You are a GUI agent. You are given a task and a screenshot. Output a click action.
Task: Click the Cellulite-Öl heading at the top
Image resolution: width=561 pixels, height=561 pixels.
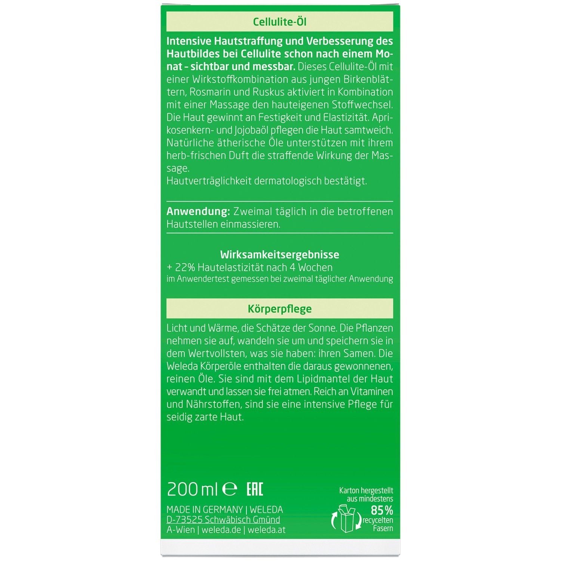pos(279,22)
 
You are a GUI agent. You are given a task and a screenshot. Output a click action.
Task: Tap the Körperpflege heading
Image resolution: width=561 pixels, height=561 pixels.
pos(279,309)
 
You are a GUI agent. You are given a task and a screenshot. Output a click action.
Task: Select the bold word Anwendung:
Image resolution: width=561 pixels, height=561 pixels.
pos(198,212)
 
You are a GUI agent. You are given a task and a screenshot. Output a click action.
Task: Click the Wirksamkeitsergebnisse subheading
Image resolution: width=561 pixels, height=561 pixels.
pos(279,255)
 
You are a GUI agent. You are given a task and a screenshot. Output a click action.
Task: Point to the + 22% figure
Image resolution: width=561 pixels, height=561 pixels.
pos(181,267)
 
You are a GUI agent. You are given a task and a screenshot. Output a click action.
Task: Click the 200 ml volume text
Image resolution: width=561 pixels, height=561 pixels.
pos(192,489)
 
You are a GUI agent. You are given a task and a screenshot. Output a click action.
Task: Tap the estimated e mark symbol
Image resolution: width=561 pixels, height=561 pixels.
pos(230,490)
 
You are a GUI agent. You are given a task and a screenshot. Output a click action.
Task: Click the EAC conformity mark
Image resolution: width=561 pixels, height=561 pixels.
pos(255,489)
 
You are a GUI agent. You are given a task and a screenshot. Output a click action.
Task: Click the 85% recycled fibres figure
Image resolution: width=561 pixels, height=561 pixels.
pos(382,510)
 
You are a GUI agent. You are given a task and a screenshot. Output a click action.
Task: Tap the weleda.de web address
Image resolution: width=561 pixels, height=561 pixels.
pos(221,530)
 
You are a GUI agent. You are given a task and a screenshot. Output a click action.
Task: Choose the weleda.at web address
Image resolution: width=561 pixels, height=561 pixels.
pos(266,530)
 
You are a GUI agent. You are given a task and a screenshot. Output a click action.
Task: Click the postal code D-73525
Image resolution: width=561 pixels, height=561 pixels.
pos(184,520)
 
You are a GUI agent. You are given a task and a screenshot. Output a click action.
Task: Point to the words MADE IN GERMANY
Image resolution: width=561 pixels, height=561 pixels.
pos(205,510)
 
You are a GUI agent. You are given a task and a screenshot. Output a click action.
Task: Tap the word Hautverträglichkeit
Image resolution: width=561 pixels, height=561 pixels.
pos(209,181)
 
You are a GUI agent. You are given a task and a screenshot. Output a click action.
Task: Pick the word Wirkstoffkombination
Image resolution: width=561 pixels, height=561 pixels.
pos(257,79)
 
